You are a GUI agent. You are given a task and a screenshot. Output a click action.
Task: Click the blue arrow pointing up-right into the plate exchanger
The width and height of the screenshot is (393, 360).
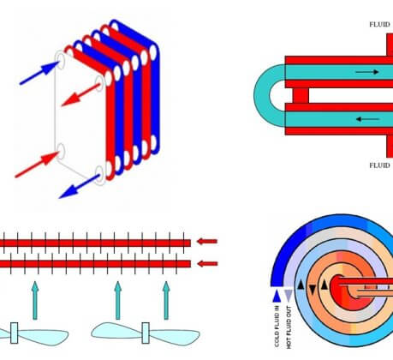tap(39, 73)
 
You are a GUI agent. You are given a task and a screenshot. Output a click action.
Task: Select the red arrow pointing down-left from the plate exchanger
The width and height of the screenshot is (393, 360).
tap(80, 94)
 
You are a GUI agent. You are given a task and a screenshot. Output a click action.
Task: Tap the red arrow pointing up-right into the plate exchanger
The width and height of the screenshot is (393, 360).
tap(37, 165)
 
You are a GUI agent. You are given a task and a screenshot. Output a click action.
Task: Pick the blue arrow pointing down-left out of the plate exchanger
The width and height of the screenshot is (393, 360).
tap(79, 186)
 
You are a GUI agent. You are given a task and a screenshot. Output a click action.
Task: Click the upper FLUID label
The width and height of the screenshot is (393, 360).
tap(379, 25)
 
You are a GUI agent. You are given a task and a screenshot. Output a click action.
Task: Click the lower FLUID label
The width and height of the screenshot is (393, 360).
tap(379, 165)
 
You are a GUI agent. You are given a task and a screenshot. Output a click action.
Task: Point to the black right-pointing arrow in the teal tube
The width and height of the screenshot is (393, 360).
tap(367, 72)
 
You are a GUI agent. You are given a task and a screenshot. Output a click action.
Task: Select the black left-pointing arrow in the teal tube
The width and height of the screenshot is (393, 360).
tap(367, 119)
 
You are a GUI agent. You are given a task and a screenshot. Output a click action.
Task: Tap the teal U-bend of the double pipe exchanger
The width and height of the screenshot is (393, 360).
tap(263, 95)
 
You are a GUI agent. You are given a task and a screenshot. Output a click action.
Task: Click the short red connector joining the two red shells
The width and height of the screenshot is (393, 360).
tap(301, 95)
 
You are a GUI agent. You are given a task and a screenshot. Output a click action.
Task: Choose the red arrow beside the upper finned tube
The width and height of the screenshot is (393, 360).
tap(207, 242)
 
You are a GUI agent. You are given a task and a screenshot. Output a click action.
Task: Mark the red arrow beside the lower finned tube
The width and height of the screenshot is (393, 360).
tap(207, 263)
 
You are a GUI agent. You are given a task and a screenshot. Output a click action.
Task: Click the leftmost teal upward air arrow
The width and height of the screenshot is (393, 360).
tap(35, 300)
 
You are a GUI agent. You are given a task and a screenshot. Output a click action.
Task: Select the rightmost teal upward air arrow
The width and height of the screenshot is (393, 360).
tap(166, 300)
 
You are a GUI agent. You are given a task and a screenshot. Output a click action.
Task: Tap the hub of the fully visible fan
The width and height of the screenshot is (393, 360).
tap(146, 333)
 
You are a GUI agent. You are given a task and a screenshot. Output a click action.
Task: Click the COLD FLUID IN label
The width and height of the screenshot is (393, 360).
tap(277, 327)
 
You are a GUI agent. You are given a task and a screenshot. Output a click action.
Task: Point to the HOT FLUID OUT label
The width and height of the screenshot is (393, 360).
tap(289, 327)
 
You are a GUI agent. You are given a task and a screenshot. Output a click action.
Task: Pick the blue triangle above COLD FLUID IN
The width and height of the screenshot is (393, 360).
tap(277, 296)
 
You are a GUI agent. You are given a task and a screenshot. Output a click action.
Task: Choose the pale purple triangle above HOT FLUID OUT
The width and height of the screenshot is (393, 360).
tap(289, 296)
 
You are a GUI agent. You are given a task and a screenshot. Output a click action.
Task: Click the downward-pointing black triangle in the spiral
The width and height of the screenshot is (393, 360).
tap(313, 290)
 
